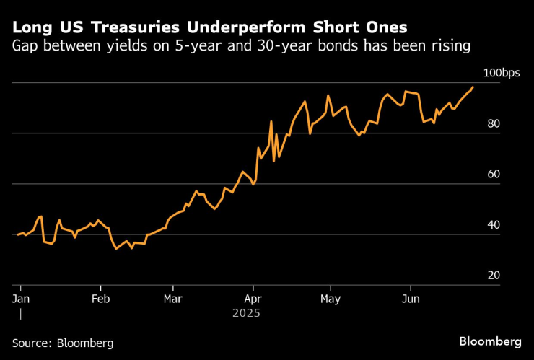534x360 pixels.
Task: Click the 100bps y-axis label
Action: tap(501, 74)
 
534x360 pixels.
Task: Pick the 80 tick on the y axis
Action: tap(494, 123)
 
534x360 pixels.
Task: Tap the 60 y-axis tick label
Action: tap(494, 174)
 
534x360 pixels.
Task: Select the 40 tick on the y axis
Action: tap(494, 225)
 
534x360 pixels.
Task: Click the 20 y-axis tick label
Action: tap(494, 276)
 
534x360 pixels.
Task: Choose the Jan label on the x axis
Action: tap(20, 298)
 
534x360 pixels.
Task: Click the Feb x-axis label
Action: tap(101, 298)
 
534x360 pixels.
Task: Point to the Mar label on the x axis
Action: tap(172, 298)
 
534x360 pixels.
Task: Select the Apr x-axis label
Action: tap(253, 298)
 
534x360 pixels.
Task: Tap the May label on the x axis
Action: tap(331, 298)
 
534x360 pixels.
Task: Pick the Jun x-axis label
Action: tap(411, 298)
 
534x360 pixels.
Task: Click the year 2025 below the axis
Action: tap(245, 314)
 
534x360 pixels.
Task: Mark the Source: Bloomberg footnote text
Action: tap(62, 343)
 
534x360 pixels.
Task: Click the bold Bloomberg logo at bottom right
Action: tap(490, 341)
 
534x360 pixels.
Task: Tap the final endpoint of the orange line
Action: tap(473, 87)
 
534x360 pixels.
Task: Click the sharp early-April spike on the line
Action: tap(271, 121)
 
